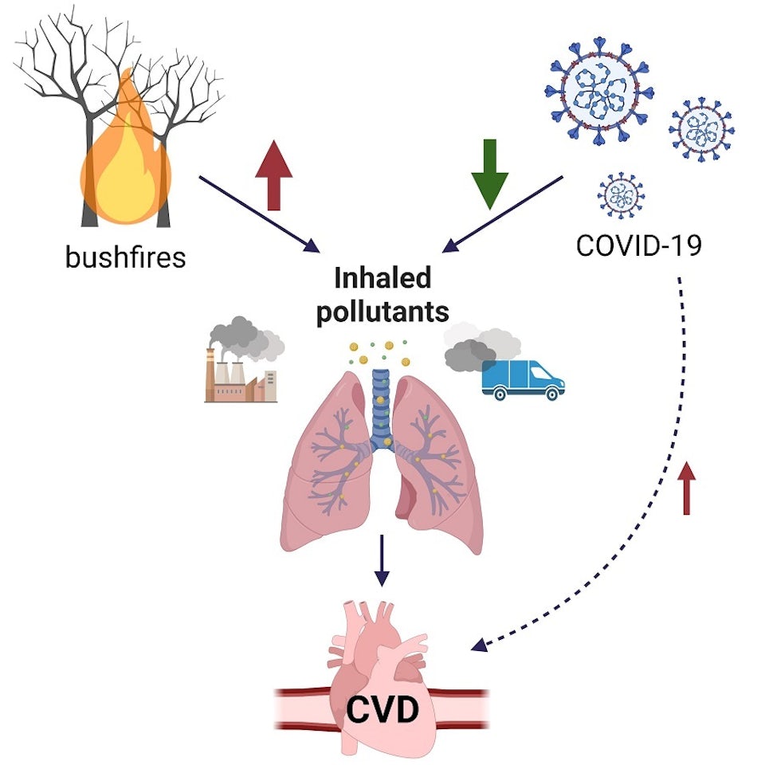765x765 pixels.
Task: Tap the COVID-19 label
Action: pos(638,245)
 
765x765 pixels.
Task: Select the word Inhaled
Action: pos(382,278)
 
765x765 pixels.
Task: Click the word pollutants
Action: pos(382,312)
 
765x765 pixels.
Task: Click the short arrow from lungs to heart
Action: pos(382,560)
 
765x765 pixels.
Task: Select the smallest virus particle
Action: pos(621,194)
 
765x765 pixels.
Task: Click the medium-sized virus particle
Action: pos(701,129)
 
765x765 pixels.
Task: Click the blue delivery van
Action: pos(522,379)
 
